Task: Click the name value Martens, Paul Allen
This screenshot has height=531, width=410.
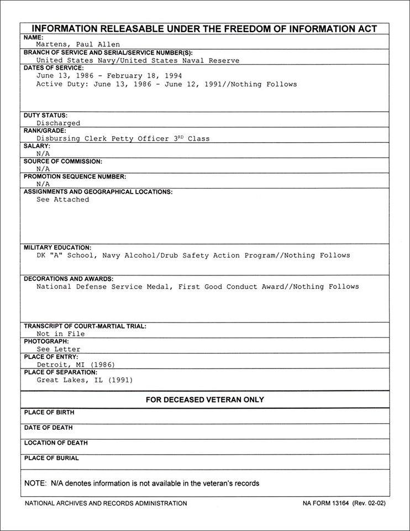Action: tap(78, 45)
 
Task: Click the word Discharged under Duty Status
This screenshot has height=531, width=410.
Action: tap(58, 123)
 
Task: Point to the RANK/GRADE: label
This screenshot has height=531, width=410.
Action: tap(45, 131)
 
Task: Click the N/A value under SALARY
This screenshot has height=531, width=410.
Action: tap(43, 154)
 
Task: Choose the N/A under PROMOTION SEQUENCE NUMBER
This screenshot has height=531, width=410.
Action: tap(43, 184)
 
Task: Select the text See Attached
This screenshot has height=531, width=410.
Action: tap(62, 200)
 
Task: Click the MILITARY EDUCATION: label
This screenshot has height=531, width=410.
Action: tap(57, 247)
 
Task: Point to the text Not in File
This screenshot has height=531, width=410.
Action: tap(60, 334)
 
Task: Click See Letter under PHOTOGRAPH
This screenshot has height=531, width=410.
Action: tap(58, 350)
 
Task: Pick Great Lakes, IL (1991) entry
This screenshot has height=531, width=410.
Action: tap(85, 380)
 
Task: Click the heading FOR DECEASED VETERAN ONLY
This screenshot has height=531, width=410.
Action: tap(204, 399)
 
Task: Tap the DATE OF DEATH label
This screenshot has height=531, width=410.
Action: tap(49, 428)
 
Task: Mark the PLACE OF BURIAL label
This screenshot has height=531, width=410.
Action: tap(51, 458)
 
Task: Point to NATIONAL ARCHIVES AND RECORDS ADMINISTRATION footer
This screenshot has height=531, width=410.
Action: tap(106, 503)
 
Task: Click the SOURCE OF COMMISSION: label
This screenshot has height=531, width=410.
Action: tap(62, 162)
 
